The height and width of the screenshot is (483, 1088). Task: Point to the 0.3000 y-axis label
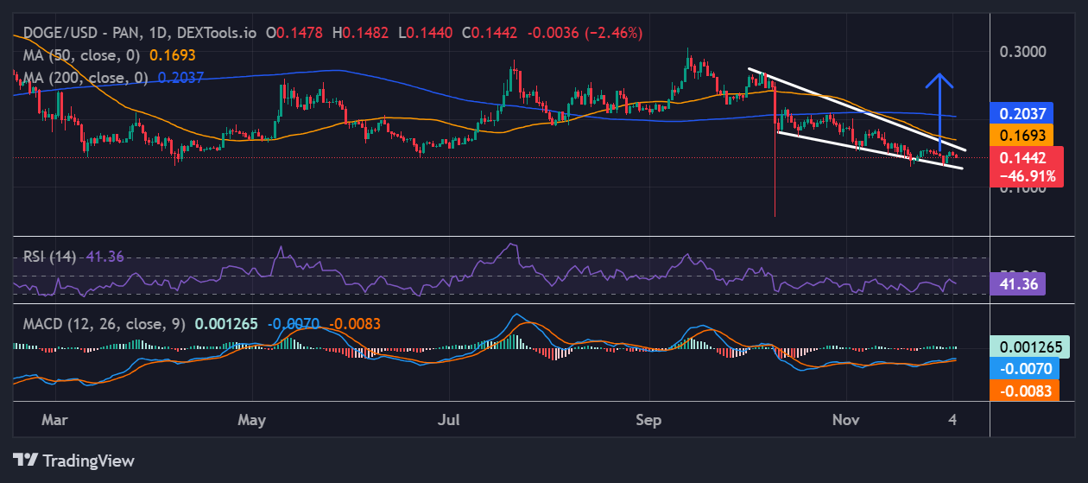click(1022, 51)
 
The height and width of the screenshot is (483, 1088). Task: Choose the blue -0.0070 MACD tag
click(1022, 368)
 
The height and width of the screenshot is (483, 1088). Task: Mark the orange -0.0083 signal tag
click(1022, 390)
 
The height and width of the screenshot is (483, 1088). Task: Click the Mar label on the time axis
click(54, 420)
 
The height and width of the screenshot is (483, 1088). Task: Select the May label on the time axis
click(251, 420)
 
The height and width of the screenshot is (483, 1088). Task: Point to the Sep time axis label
click(648, 420)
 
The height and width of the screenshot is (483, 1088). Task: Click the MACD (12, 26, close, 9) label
click(103, 324)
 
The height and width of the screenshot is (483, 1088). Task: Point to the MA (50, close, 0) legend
click(82, 55)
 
